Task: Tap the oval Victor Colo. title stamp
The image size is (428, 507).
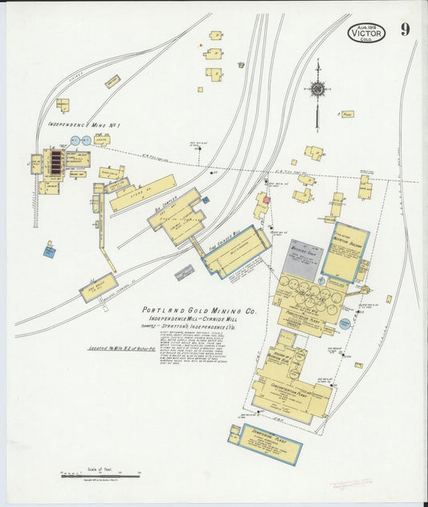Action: pos(367,33)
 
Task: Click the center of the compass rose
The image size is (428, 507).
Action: pos(318,89)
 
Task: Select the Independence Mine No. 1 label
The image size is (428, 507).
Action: pos(84,124)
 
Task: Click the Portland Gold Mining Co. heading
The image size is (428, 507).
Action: pos(198,310)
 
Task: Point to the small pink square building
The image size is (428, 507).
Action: pos(266,198)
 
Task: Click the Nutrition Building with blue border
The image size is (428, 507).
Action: pos(345,250)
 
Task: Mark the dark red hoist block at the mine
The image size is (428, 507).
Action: pos(56,162)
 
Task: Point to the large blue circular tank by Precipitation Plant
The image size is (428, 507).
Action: pos(345,324)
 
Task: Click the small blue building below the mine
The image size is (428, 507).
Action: pos(50,251)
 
